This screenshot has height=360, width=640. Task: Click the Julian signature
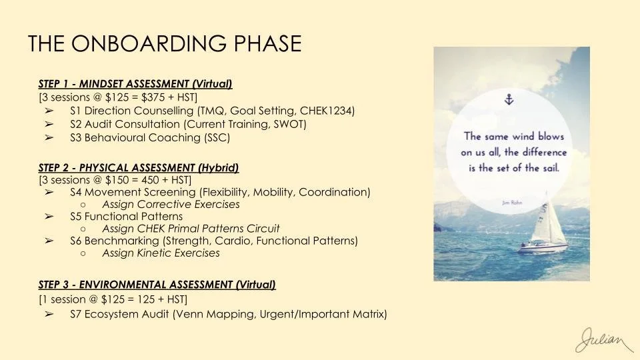[x=604, y=341]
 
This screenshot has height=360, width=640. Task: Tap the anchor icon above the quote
[x=509, y=99]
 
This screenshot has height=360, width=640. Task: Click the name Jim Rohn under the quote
[x=512, y=203]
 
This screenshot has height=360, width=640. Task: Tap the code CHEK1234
[x=327, y=111]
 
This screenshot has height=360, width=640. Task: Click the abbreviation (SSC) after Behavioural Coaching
[x=217, y=137]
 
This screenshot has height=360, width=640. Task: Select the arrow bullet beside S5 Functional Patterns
[x=49, y=216]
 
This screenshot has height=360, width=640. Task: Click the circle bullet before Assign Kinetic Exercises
[x=83, y=253]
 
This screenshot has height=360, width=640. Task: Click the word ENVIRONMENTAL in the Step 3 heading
[x=123, y=285]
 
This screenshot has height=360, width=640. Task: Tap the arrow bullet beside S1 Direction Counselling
[x=49, y=111]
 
